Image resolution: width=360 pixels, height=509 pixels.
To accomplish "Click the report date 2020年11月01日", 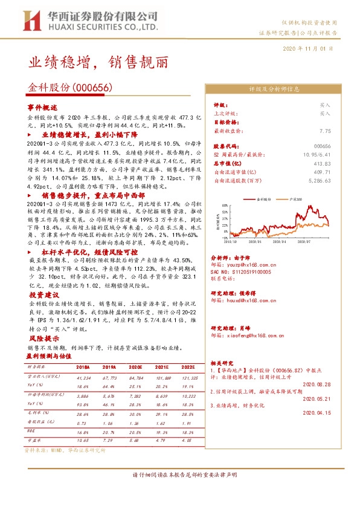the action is tap(309, 48).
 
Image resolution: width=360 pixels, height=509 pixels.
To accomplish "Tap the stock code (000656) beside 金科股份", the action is tap(92, 88).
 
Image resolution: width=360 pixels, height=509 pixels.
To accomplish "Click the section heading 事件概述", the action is tap(42, 106).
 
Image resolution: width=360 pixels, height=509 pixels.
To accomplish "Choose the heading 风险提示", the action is tap(42, 339).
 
